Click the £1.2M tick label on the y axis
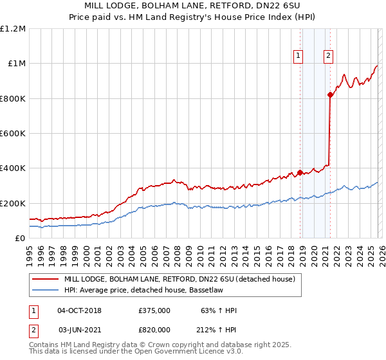tap(13, 29)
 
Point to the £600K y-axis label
tap(13, 134)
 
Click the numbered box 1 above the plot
tap(299, 56)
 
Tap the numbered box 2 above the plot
tap(328, 56)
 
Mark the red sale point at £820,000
tap(330, 95)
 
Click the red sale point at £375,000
tap(300, 172)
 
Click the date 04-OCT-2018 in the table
tap(79, 310)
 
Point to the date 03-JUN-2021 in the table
tap(79, 329)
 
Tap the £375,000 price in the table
tap(154, 310)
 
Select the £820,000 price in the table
tap(154, 329)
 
